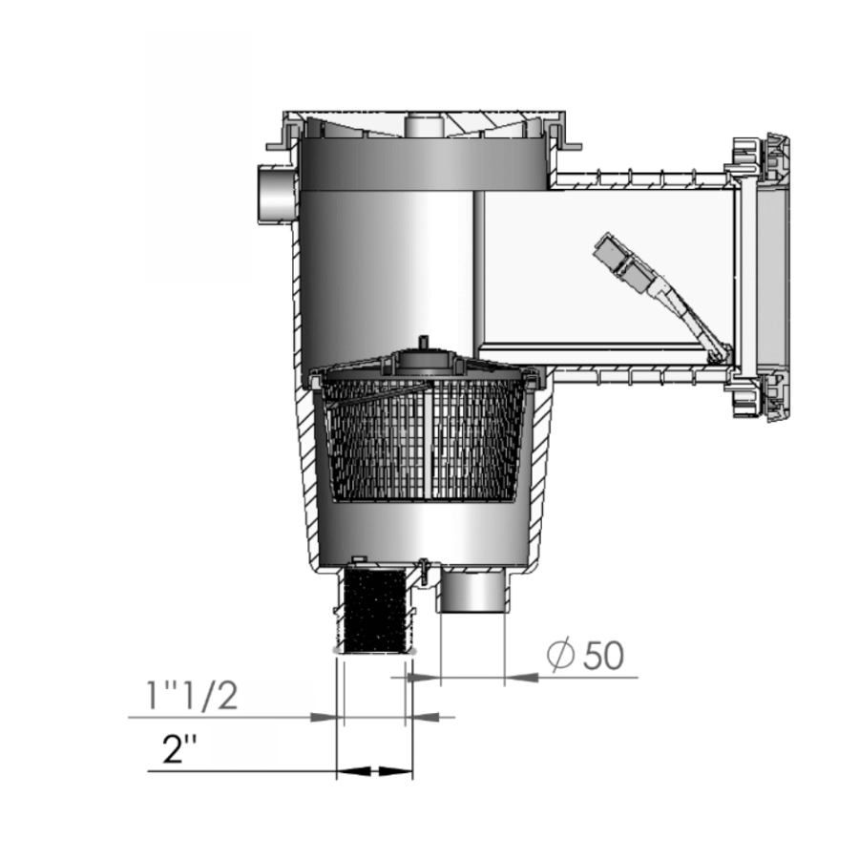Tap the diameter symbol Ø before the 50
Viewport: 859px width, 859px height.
click(x=560, y=657)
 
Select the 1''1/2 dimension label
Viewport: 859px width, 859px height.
click(x=191, y=696)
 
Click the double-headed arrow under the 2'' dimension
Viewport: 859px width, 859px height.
click(x=374, y=770)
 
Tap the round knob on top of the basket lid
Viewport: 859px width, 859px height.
click(x=422, y=345)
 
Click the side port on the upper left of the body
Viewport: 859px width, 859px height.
click(x=277, y=191)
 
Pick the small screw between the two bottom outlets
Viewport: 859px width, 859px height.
click(x=420, y=569)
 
